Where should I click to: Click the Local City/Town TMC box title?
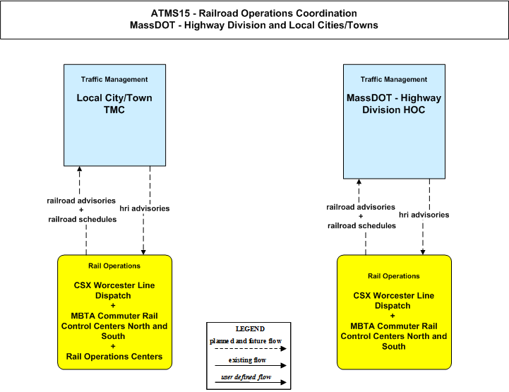click(114, 104)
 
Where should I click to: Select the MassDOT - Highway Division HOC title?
click(394, 104)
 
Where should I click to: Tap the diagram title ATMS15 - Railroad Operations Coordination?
click(254, 13)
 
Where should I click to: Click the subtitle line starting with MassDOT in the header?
click(254, 25)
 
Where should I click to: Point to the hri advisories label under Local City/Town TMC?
click(145, 208)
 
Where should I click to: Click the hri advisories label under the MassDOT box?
click(424, 215)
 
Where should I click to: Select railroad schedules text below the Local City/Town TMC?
click(83, 219)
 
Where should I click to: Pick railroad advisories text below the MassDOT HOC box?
click(361, 207)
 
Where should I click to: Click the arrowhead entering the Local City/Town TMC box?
click(80, 169)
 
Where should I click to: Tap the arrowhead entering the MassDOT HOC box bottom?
click(359, 182)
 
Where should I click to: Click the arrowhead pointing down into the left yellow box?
click(143, 252)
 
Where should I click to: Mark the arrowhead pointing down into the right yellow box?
click(423, 252)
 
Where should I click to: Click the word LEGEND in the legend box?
click(250, 328)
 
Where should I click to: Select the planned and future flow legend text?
click(246, 341)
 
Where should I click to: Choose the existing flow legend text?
click(247, 360)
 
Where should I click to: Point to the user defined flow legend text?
click(246, 376)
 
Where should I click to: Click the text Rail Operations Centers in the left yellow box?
click(114, 356)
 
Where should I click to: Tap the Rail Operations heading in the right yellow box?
click(394, 276)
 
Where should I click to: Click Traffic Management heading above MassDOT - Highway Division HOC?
click(394, 79)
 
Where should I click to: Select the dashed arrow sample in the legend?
click(251, 348)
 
